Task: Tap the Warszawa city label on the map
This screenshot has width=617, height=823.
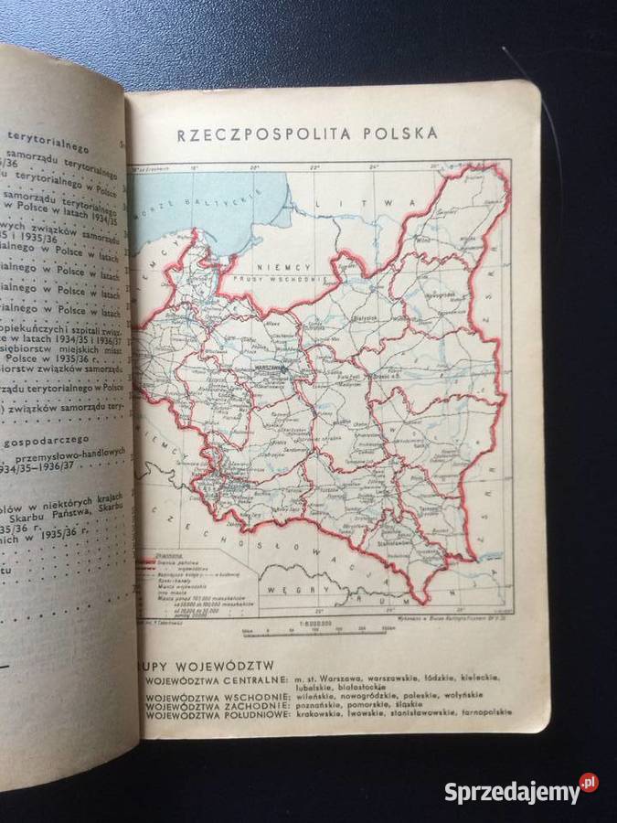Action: pyautogui.click(x=273, y=360)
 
